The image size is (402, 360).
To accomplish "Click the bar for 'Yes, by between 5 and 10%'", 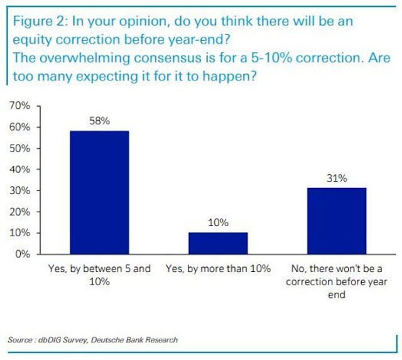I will (99, 192).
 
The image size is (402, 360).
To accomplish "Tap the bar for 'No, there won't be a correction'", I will (336, 221).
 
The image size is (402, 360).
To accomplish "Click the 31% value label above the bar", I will (336, 178).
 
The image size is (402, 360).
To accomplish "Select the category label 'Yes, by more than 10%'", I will (217, 269).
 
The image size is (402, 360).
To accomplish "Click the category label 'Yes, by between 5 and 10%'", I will (99, 275).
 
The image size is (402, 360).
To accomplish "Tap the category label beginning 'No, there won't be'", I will (336, 281).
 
